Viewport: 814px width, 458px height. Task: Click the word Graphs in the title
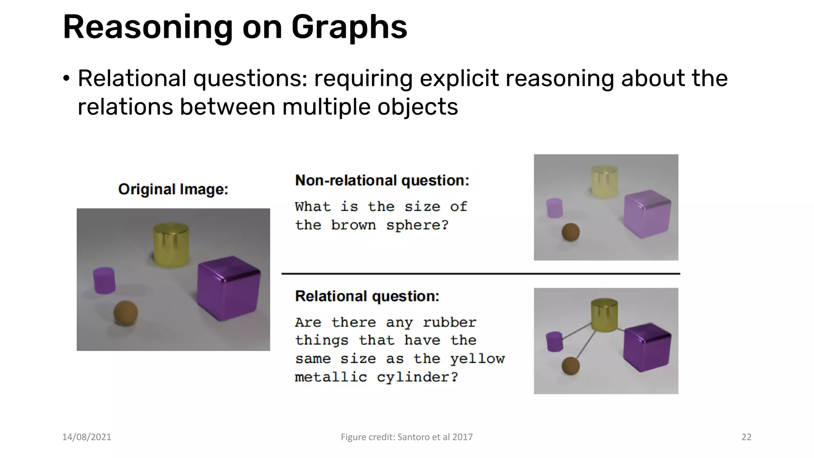point(349,28)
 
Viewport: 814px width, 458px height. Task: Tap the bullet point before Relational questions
point(66,78)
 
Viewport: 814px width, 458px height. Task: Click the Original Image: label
point(173,189)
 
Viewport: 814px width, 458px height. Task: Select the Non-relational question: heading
point(382,180)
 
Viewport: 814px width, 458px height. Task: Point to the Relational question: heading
point(367,296)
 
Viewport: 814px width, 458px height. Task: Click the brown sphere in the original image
point(126,313)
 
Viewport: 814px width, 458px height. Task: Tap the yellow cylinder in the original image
point(171,245)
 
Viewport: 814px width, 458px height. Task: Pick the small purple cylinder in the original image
point(104,280)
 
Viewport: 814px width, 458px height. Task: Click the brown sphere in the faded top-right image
point(570,232)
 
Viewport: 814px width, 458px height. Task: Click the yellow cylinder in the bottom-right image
point(604,314)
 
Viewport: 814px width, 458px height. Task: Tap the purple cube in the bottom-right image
point(647,347)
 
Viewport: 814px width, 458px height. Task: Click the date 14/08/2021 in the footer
point(87,437)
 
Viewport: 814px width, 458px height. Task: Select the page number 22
point(746,437)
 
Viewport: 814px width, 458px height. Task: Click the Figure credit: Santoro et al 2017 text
point(407,437)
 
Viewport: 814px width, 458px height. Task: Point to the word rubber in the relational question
point(450,322)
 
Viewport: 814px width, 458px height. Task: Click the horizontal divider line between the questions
point(481,274)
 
